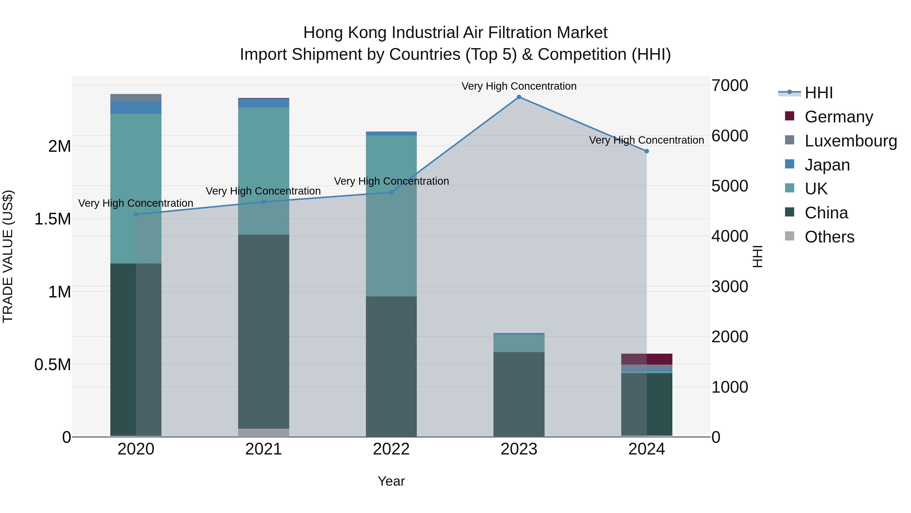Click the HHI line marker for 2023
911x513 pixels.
[x=519, y=97]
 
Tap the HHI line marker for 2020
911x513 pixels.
[x=136, y=215]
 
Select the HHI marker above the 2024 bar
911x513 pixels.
[x=647, y=151]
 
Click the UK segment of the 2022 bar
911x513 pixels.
[x=391, y=216]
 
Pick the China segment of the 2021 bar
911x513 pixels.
[x=263, y=331]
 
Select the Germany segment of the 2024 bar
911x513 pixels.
[x=647, y=359]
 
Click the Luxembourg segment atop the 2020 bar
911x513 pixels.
[x=136, y=97]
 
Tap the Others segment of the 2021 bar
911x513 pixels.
[x=263, y=433]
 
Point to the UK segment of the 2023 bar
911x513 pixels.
[x=519, y=344]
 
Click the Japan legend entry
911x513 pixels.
[x=827, y=165]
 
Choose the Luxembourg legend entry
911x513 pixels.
[x=851, y=141]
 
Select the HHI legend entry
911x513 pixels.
[x=818, y=93]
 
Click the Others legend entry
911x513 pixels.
[x=829, y=237]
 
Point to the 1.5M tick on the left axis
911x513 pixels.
[x=53, y=219]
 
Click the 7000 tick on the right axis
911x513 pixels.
[x=730, y=86]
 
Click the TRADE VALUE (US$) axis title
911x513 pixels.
[x=8, y=256]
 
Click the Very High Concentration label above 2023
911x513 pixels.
[x=519, y=86]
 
